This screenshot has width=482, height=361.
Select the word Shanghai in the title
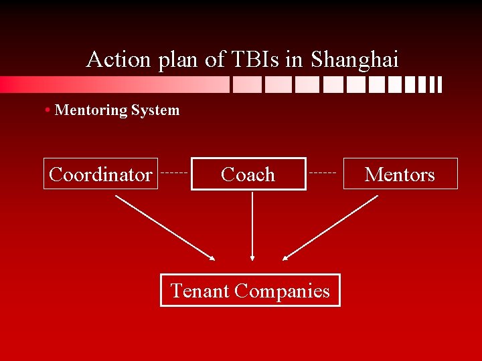pos(354,60)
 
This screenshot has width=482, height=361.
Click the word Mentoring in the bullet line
pos(90,110)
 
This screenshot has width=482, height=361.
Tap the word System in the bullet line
pos(155,110)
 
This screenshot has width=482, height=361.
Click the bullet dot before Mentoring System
pos(50,110)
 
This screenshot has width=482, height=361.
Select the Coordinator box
pos(100,174)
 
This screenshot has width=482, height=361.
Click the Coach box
pos(248,174)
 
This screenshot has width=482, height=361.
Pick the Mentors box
pos(400,174)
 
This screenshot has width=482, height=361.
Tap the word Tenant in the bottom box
pos(200,291)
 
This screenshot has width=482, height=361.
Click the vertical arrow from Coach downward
pos(252,224)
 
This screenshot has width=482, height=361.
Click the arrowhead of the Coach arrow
pos(252,256)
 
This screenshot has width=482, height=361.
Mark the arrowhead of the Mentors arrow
pos(286,257)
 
